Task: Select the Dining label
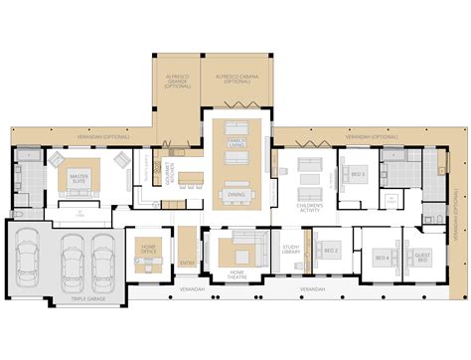(236, 194)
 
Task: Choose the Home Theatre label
(238, 274)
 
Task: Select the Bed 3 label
(358, 173)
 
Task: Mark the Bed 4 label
(382, 258)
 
